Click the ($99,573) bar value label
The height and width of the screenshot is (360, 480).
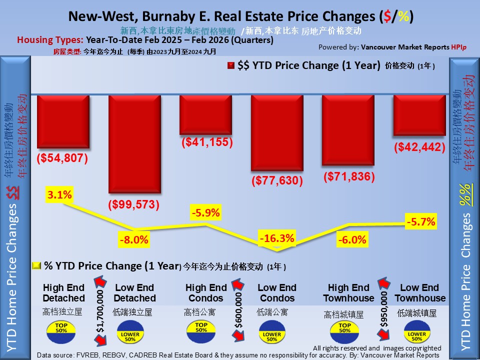click(134, 205)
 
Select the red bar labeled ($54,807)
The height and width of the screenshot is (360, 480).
click(62, 121)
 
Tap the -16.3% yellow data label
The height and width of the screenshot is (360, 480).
click(276, 238)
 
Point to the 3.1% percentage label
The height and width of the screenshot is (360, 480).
click(59, 195)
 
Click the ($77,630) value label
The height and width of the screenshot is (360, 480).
click(276, 180)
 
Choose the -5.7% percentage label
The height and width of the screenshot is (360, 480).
click(421, 220)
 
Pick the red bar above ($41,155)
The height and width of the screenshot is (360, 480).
click(205, 114)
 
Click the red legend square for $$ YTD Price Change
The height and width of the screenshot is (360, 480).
click(230, 65)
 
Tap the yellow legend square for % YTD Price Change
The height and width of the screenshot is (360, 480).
click(36, 265)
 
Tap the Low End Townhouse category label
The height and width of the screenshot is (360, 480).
click(419, 293)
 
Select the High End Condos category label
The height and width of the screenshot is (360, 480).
click(205, 293)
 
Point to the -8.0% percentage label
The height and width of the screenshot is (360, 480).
click(134, 239)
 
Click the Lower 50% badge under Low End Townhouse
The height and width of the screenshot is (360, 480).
click(416, 333)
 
